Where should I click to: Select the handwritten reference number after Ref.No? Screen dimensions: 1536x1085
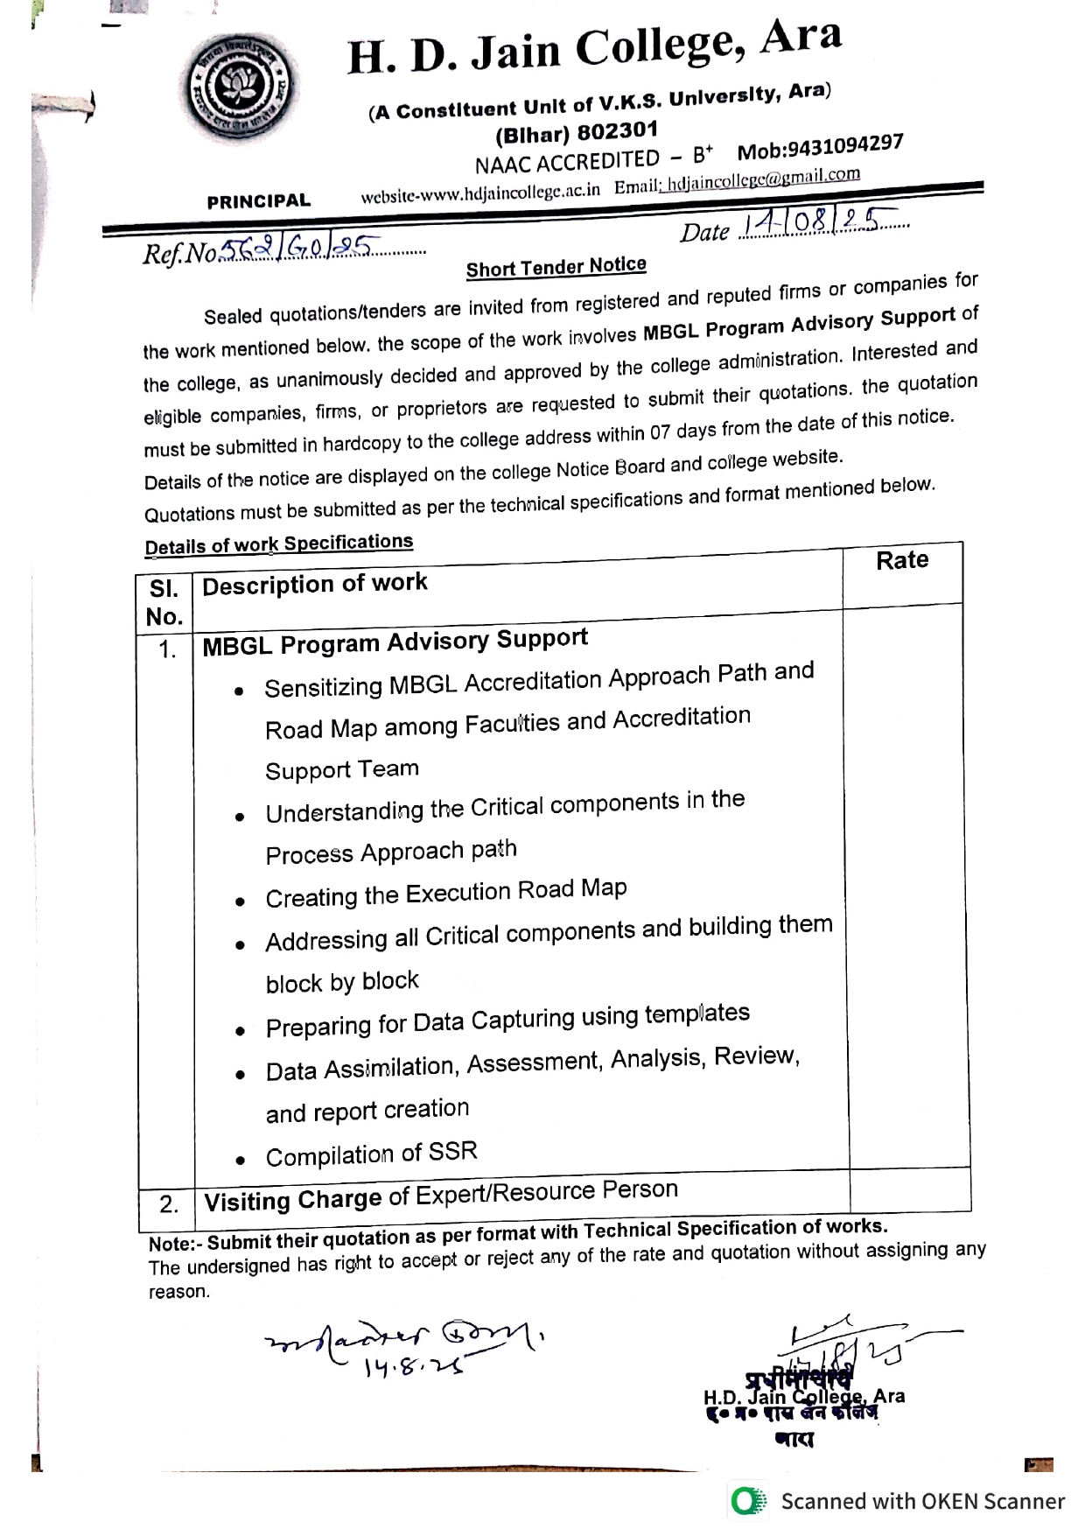pyautogui.click(x=297, y=249)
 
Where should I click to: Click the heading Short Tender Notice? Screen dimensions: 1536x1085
pyautogui.click(x=556, y=266)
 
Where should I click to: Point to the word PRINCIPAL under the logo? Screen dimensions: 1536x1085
pyautogui.click(x=258, y=201)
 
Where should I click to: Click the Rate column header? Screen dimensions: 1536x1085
pyautogui.click(x=902, y=560)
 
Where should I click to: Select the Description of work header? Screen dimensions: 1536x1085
pyautogui.click(x=315, y=584)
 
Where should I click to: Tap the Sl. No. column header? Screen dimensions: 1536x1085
pyautogui.click(x=164, y=603)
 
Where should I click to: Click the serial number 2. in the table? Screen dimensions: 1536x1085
pyautogui.click(x=169, y=1204)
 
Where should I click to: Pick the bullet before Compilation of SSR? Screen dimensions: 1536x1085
pyautogui.click(x=240, y=1161)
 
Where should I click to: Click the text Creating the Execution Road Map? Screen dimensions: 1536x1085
pyautogui.click(x=446, y=894)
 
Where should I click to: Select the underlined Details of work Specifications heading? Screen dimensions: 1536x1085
pyautogui.click(x=278, y=544)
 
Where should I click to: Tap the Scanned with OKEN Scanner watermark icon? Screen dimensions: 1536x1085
pyautogui.click(x=747, y=1502)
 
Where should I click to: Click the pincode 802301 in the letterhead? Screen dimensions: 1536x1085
pyautogui.click(x=617, y=131)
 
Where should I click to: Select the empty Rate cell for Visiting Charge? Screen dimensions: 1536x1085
pyautogui.click(x=909, y=1190)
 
